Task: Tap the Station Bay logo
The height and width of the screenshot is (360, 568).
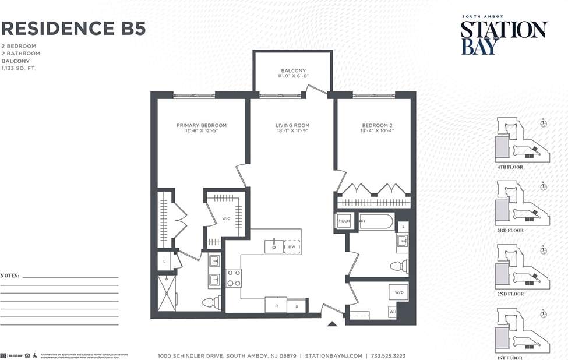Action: (x=504, y=37)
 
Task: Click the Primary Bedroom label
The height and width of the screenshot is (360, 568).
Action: (x=202, y=125)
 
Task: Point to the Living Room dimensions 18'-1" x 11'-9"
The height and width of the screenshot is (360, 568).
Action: (x=292, y=132)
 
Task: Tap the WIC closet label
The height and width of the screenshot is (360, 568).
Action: (x=226, y=219)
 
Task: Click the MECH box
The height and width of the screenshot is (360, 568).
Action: (x=344, y=221)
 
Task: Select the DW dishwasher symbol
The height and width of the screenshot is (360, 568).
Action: (x=292, y=247)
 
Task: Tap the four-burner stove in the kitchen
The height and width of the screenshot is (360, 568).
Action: (x=234, y=278)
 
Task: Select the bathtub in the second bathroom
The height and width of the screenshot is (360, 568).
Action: (x=376, y=221)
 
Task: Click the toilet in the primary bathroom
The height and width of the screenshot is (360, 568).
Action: (x=210, y=302)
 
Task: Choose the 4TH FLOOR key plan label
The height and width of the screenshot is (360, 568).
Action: (x=510, y=167)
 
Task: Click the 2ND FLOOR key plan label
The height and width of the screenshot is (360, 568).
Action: (x=510, y=294)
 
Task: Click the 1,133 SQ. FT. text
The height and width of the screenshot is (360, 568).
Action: (x=18, y=68)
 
